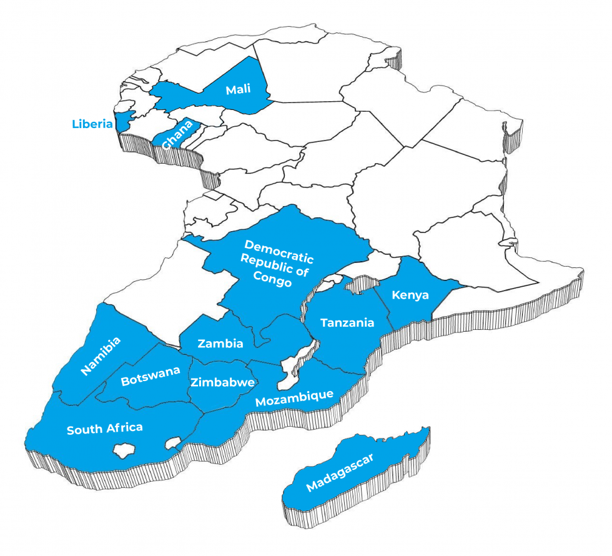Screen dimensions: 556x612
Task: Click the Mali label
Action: point(238,89)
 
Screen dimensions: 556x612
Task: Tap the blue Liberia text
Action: point(92,123)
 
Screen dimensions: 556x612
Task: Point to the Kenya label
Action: point(410,295)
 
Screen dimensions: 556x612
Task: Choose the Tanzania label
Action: point(347,322)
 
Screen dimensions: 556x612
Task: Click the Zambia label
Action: point(220,343)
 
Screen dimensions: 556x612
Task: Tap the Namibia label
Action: point(101,357)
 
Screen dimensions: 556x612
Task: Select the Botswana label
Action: point(151,375)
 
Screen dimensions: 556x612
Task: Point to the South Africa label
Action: point(104,429)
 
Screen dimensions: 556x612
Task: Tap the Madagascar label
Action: point(340,474)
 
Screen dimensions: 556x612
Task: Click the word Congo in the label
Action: point(273,281)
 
